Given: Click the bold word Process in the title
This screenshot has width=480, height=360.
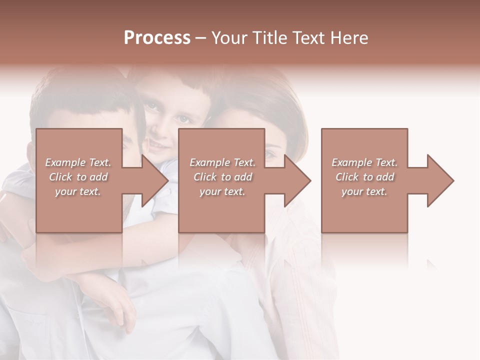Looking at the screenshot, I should (x=157, y=38).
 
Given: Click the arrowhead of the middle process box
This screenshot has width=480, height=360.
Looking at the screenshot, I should (x=296, y=180).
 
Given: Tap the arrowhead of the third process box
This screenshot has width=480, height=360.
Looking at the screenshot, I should (x=439, y=180).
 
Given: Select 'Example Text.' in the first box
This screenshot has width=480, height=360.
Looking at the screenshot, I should (x=78, y=162).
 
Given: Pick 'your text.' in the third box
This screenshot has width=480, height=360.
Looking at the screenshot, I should (x=364, y=191).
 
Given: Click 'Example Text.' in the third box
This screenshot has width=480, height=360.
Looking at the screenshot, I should (x=364, y=162).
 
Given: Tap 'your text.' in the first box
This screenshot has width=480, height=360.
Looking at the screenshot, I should (x=78, y=191).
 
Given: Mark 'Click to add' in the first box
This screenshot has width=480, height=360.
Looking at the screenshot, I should (x=78, y=177).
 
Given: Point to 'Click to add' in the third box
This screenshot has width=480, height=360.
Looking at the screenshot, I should (x=364, y=177).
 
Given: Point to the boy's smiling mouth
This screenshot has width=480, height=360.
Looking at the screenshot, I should (x=159, y=144).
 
